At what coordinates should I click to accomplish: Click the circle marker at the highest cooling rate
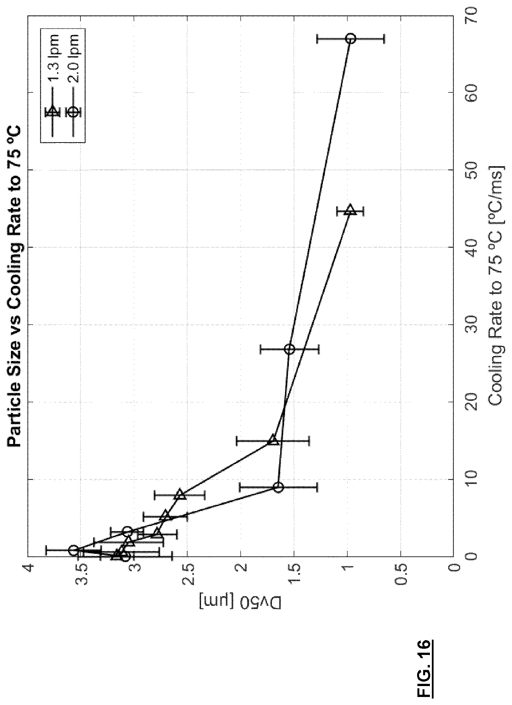pos(351,39)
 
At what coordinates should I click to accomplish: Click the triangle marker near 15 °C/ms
pos(273,439)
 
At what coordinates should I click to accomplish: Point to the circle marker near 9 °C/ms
pos(279,487)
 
